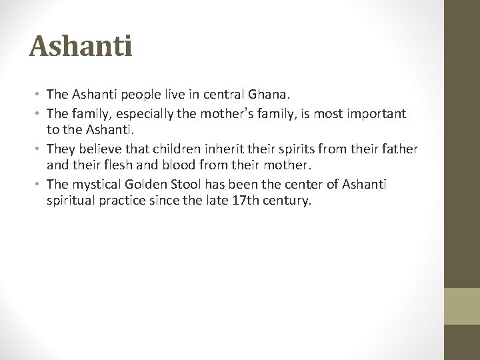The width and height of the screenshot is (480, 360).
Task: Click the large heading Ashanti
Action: point(81,47)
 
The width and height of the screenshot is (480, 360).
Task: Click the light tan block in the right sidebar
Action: point(462,307)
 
